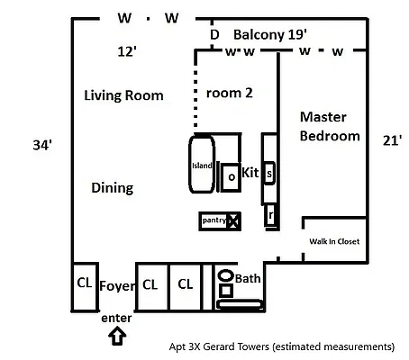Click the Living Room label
click(123, 95)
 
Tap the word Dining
click(113, 188)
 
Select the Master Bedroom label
click(330, 127)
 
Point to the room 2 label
click(230, 92)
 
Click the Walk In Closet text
click(334, 241)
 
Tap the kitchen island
click(200, 165)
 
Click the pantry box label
click(214, 220)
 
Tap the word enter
click(117, 318)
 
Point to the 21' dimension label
click(390, 140)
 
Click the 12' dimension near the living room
click(127, 52)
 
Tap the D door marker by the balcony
click(214, 35)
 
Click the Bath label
click(248, 279)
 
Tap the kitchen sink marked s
click(269, 174)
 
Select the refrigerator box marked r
click(269, 215)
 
